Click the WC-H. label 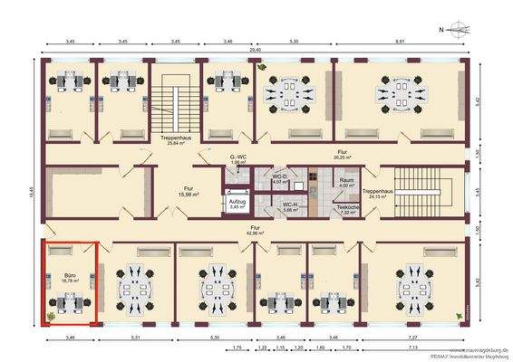(x=290, y=208)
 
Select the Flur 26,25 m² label (x=342, y=155)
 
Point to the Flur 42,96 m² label (x=256, y=231)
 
